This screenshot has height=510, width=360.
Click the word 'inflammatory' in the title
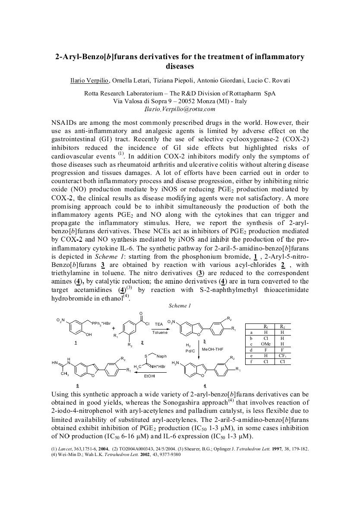tap(283, 57)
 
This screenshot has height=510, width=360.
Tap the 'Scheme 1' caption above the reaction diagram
tap(180, 306)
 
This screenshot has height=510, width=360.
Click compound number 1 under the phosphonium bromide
tap(76, 342)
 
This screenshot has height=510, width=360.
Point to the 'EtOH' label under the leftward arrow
tap(149, 376)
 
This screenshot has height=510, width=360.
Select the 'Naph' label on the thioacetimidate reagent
tap(162, 356)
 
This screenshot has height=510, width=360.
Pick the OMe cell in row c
tap(266, 344)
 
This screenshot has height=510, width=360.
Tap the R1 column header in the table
tap(266, 326)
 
